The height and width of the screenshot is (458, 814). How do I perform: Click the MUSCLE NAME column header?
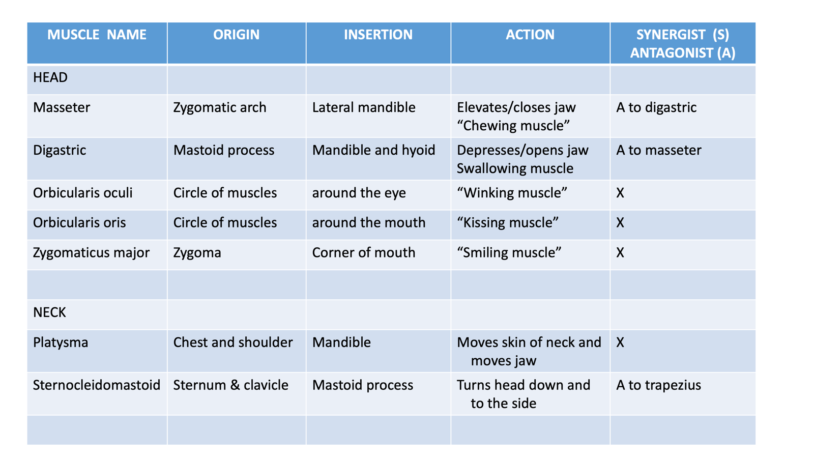97,35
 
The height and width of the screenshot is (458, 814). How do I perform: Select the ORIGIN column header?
236,35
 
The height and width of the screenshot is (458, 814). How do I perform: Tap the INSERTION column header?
379,35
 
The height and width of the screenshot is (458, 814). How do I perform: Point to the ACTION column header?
530,35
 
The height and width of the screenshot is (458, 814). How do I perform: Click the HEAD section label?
50,77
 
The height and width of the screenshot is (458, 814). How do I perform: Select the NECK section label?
49,312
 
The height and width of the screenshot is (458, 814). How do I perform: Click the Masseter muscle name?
62,107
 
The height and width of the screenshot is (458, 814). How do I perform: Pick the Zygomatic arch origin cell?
219,108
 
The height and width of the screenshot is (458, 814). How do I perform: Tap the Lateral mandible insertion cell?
363,107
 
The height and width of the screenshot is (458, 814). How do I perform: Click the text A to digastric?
656,108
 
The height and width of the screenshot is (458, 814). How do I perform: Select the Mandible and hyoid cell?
373,151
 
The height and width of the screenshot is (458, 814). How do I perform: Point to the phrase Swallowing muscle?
515,168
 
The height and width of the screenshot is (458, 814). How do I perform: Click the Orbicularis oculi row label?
83,193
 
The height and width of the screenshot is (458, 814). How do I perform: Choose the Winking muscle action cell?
512,193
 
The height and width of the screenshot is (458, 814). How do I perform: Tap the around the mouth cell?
368,223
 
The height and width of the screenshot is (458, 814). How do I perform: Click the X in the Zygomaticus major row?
620,252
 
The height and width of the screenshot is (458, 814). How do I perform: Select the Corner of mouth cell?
363,252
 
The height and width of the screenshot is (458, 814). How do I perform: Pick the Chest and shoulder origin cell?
233,342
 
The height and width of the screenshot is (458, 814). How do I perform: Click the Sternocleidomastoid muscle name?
97,385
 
